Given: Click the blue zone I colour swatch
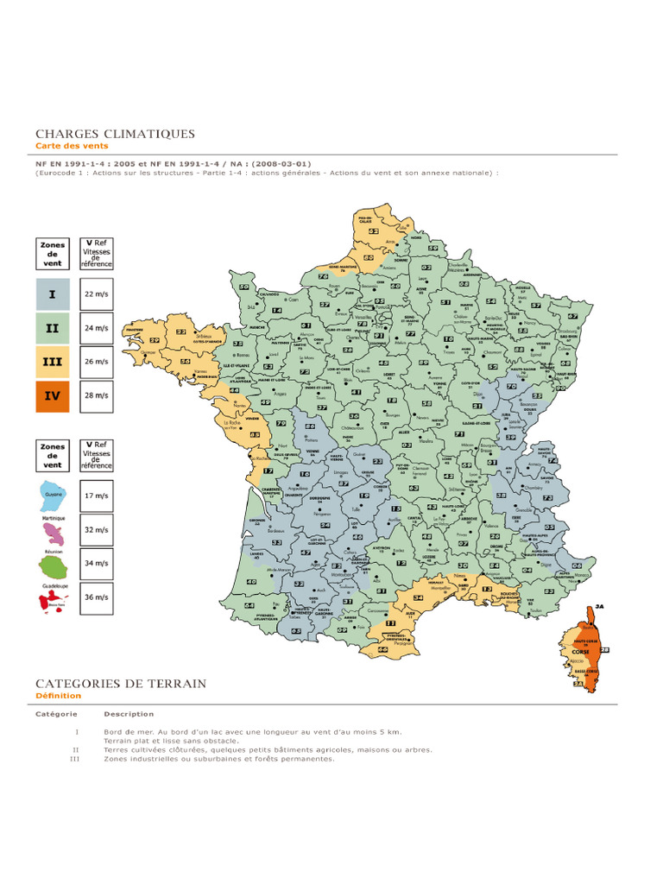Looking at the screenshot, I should (x=53, y=294).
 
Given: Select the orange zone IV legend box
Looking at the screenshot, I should (x=53, y=395).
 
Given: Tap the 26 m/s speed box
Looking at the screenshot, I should (x=96, y=362).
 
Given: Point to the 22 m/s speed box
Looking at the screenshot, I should (x=96, y=294).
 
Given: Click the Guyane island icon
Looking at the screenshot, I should (x=54, y=496).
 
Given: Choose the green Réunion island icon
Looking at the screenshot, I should (x=54, y=566).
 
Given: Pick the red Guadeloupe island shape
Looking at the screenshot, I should (x=51, y=602).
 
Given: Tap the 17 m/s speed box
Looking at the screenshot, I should (x=96, y=496).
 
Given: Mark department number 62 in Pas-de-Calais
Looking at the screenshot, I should (x=373, y=231).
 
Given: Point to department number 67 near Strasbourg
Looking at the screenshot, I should (x=572, y=317).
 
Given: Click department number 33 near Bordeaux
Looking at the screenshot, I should (x=277, y=542).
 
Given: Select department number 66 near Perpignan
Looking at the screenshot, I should (x=383, y=649).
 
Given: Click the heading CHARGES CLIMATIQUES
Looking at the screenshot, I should (x=115, y=134).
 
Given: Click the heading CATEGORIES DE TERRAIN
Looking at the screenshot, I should (x=121, y=684).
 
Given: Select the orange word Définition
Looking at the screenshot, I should (x=59, y=696).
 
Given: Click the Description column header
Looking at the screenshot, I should (x=129, y=714).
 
